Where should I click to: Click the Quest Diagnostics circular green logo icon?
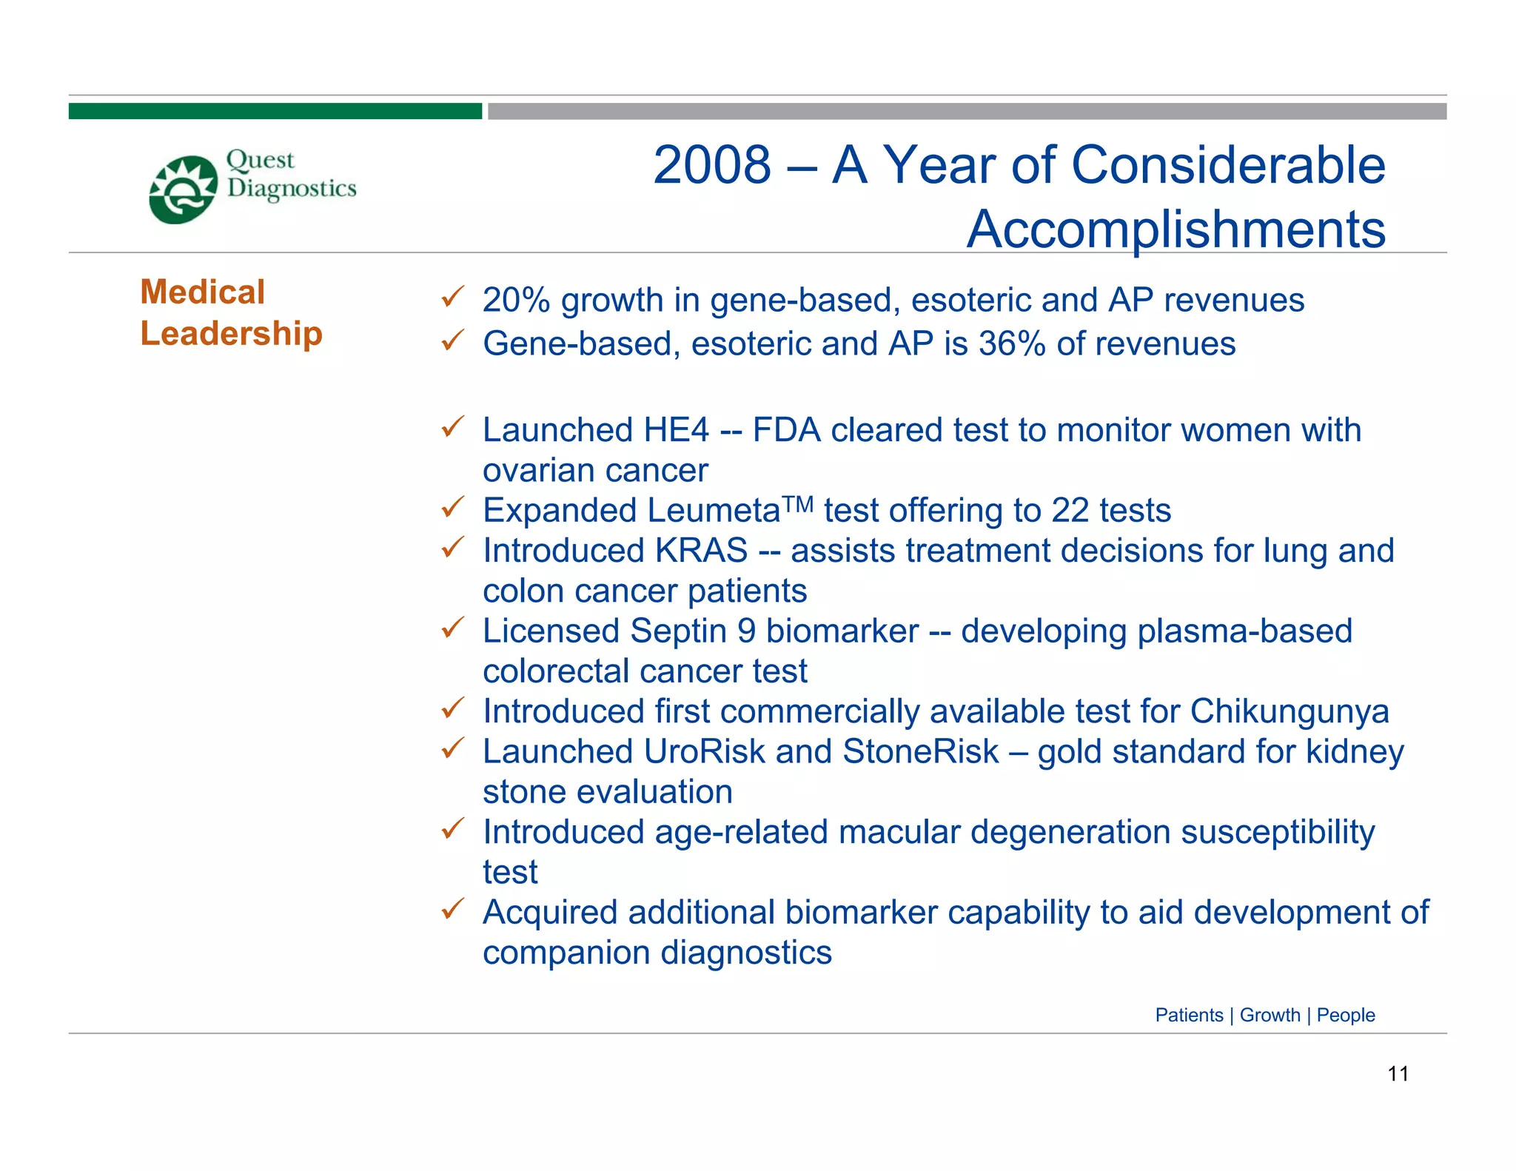183,189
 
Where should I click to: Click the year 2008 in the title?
711,164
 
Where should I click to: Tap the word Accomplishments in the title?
1175,229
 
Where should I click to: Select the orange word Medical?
202,292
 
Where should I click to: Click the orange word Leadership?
231,333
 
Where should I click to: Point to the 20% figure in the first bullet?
516,300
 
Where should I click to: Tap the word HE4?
677,430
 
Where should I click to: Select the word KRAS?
701,551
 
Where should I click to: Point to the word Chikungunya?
1289,711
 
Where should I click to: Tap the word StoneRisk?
920,751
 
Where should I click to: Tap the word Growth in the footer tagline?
1270,1015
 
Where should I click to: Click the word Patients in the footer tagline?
1189,1015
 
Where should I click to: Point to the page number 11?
1398,1073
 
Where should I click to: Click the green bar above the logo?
275,111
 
